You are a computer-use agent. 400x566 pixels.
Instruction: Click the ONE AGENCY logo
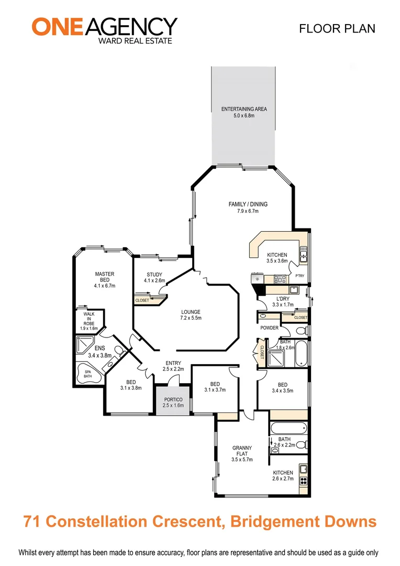tap(104, 29)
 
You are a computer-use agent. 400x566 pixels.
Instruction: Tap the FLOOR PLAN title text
tap(337, 28)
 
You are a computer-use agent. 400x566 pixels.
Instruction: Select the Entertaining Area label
tap(244, 112)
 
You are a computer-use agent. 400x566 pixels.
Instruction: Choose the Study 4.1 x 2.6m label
tap(154, 277)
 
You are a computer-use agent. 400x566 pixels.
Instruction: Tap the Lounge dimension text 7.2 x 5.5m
tap(191, 318)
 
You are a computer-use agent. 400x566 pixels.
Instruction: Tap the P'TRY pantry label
tap(299, 276)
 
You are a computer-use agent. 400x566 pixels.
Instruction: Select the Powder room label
tap(269, 328)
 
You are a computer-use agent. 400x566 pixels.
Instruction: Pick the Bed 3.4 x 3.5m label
tap(282, 387)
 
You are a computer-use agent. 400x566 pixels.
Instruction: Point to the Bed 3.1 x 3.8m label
tap(130, 385)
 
